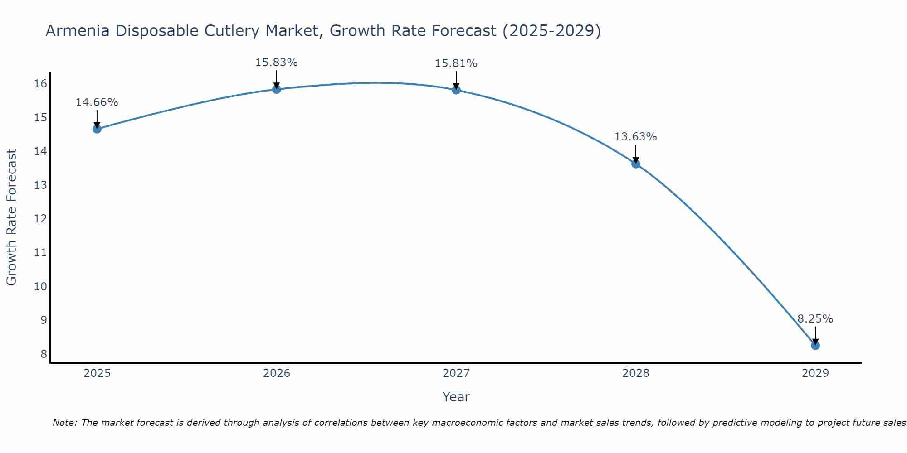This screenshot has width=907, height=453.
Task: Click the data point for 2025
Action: point(97,129)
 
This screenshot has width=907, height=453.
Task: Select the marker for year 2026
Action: point(277,89)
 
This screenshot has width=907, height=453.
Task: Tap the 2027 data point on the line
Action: point(456,90)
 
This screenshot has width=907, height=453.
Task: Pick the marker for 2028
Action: point(636,164)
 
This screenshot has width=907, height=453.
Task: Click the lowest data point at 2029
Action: point(815,345)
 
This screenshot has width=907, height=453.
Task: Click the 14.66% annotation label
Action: point(97,102)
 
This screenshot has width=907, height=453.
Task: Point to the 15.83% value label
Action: point(276,63)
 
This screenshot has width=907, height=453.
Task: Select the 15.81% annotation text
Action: point(456,63)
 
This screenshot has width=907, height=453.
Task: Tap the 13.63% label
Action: point(635,137)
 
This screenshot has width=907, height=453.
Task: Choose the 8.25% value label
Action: point(815,319)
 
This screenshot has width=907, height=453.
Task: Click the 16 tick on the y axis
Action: point(40,83)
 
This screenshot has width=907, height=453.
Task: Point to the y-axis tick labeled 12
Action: point(40,219)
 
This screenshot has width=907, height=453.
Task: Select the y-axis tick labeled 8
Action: point(44,354)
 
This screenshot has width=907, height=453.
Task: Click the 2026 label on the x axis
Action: point(277,373)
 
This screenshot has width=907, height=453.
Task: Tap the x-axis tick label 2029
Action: point(815,373)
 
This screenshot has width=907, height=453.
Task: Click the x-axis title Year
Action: point(456,397)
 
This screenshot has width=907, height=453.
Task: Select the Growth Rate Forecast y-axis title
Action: point(11,217)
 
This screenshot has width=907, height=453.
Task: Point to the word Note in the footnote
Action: point(65,423)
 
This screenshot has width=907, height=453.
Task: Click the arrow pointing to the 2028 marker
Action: point(636,154)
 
